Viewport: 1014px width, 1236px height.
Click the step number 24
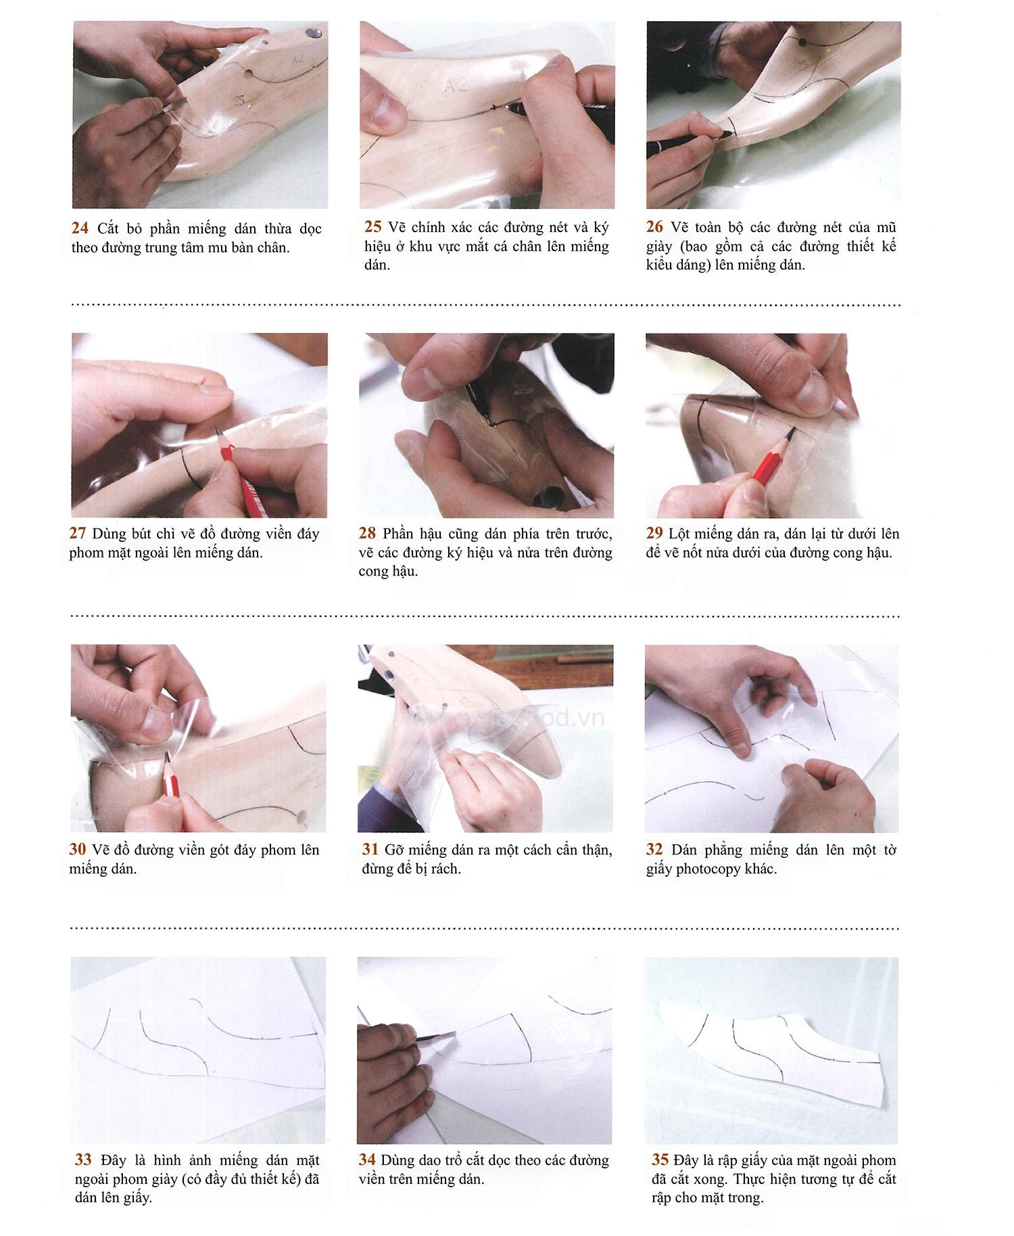(80, 229)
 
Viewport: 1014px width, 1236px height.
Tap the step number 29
(654, 534)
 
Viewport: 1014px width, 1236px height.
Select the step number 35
(660, 1160)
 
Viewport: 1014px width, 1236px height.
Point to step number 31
(370, 850)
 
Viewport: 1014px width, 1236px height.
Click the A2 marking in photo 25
(456, 86)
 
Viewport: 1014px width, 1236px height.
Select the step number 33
(83, 1160)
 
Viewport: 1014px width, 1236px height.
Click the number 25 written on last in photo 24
(239, 101)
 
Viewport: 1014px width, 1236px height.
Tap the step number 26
(654, 227)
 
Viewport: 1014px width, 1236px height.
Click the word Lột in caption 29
(678, 534)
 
